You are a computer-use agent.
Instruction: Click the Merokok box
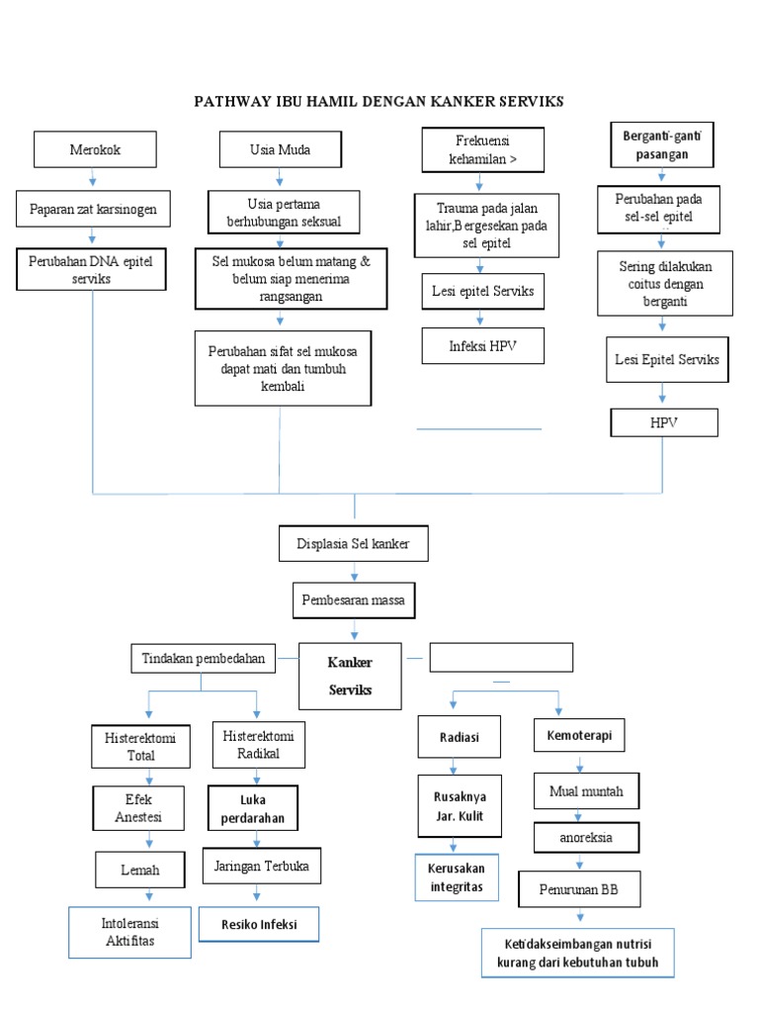pyautogui.click(x=93, y=150)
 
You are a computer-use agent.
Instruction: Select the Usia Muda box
pyautogui.click(x=279, y=150)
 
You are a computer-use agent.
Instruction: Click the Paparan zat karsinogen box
pyautogui.click(x=93, y=209)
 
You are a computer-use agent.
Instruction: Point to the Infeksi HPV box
pyautogui.click(x=482, y=346)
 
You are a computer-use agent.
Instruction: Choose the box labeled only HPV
pyautogui.click(x=664, y=422)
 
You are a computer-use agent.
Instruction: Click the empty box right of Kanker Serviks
pyautogui.click(x=501, y=657)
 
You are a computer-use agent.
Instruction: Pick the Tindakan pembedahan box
pyautogui.click(x=203, y=658)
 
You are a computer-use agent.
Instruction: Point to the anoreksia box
pyautogui.click(x=587, y=837)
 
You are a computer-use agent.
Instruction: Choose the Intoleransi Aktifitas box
pyautogui.click(x=130, y=932)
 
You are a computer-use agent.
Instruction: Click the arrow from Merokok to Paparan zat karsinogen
pyautogui.click(x=93, y=179)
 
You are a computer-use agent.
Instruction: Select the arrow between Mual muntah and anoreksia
pyautogui.click(x=587, y=814)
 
